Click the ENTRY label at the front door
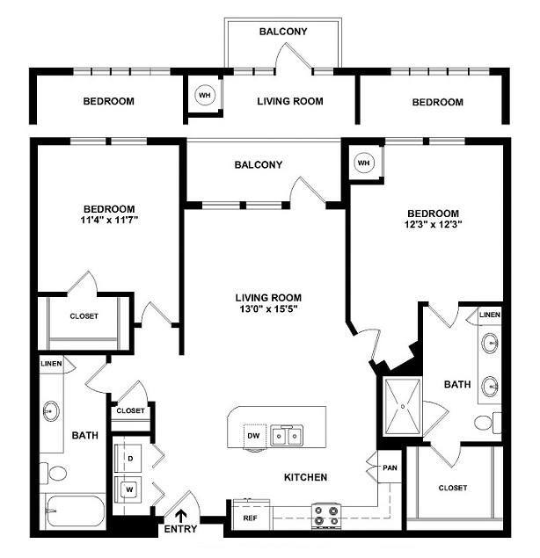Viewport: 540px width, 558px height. tap(181, 531)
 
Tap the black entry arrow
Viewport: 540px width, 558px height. tap(182, 516)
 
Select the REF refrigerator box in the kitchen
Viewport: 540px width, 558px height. tap(250, 518)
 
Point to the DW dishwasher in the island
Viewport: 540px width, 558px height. tap(252, 435)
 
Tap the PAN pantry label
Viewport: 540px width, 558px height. tap(390, 468)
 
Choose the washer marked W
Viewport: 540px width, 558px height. tap(129, 488)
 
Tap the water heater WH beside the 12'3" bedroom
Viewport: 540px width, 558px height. tap(364, 163)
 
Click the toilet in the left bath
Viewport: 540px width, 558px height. tap(56, 474)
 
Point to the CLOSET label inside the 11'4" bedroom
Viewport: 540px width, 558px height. tap(84, 316)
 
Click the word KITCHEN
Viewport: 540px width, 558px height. tap(305, 477)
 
